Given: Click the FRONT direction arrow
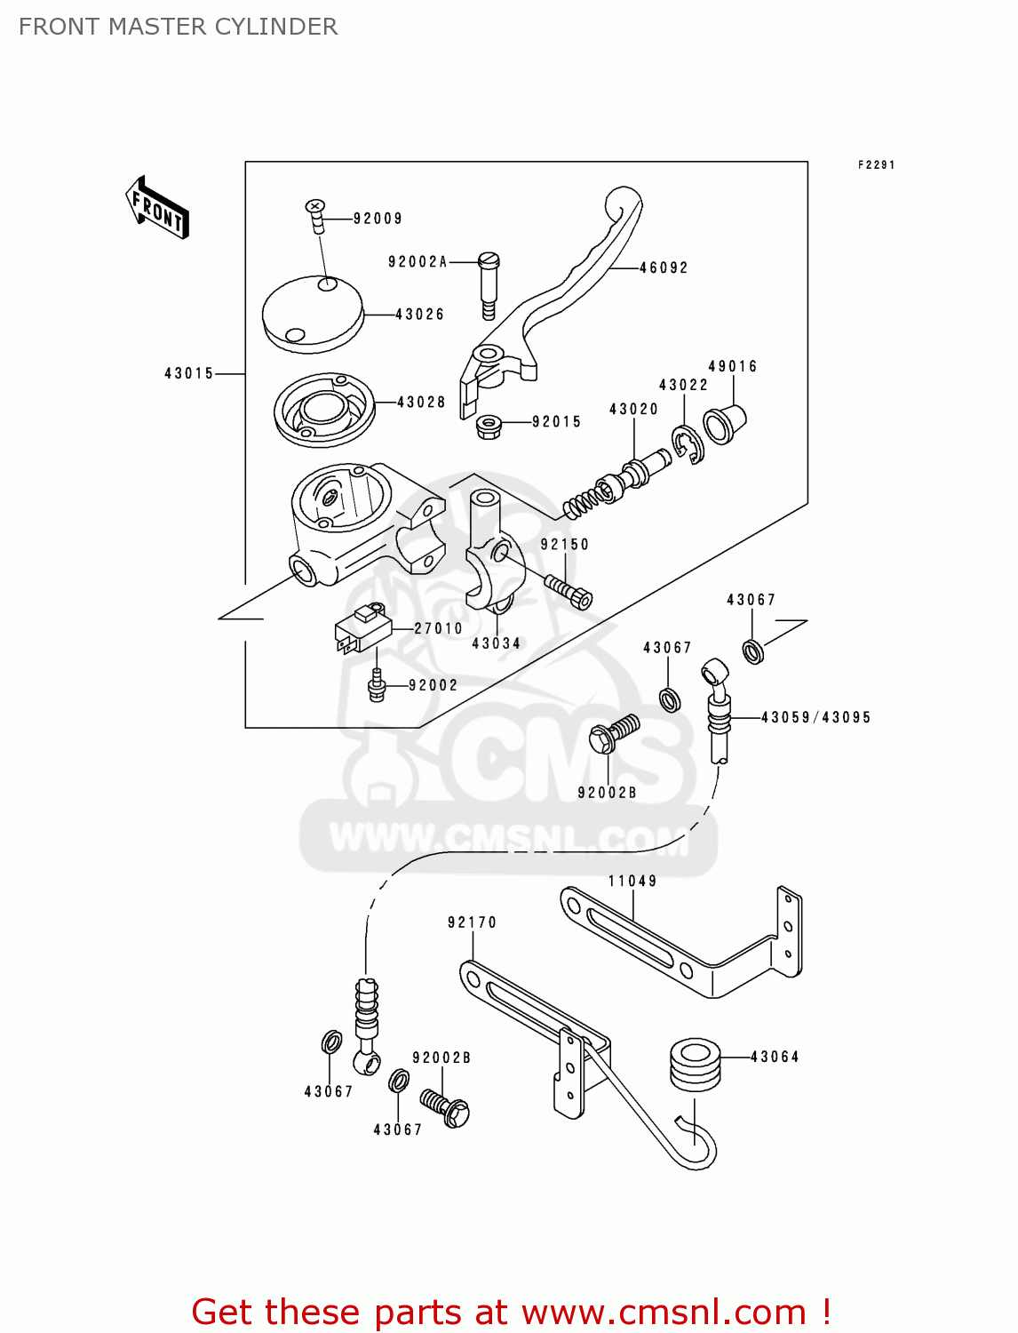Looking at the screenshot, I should click(157, 208).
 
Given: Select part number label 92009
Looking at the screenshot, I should click(378, 219).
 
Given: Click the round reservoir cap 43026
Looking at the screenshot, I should click(313, 313).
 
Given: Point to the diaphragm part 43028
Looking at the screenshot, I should click(323, 410).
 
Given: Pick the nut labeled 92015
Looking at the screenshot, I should click(487, 426).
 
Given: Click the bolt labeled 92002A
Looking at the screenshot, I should click(489, 284).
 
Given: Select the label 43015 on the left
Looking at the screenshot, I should click(189, 374).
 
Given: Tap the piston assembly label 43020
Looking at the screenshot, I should click(633, 410).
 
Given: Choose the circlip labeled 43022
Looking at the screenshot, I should click(688, 444).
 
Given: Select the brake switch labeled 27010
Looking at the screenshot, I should click(362, 629).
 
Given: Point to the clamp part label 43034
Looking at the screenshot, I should click(496, 643).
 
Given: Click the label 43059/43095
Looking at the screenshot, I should click(815, 717).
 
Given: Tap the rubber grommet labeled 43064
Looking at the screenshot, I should click(694, 1064).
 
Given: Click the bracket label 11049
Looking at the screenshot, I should click(632, 882).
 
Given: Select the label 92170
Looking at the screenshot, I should click(472, 923).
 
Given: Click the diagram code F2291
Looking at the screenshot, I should click(876, 165).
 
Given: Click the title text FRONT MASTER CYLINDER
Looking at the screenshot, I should click(178, 27).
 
